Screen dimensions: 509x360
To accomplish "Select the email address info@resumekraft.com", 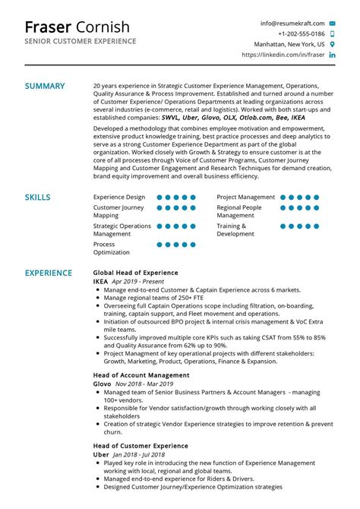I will coord(292,24).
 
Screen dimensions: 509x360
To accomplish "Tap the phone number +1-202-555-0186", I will coord(302,34).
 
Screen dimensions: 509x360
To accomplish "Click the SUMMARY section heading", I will coord(45,86).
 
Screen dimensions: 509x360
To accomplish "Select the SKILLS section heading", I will coord(38,198).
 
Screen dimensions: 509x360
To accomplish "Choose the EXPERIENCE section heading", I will coord(49,273).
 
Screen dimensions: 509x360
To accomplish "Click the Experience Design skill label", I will coord(118,197).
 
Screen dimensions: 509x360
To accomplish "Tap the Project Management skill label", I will coord(245,197).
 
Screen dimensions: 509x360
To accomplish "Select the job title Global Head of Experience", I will coord(135,273).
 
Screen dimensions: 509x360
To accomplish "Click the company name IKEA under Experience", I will coord(100,282).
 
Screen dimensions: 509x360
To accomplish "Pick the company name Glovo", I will coord(102,385).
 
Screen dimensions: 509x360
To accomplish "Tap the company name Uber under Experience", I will coord(100,454).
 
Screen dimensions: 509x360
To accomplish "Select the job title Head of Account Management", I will coord(141,375).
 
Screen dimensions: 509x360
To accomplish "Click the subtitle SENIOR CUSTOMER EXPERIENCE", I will coord(81,41).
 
